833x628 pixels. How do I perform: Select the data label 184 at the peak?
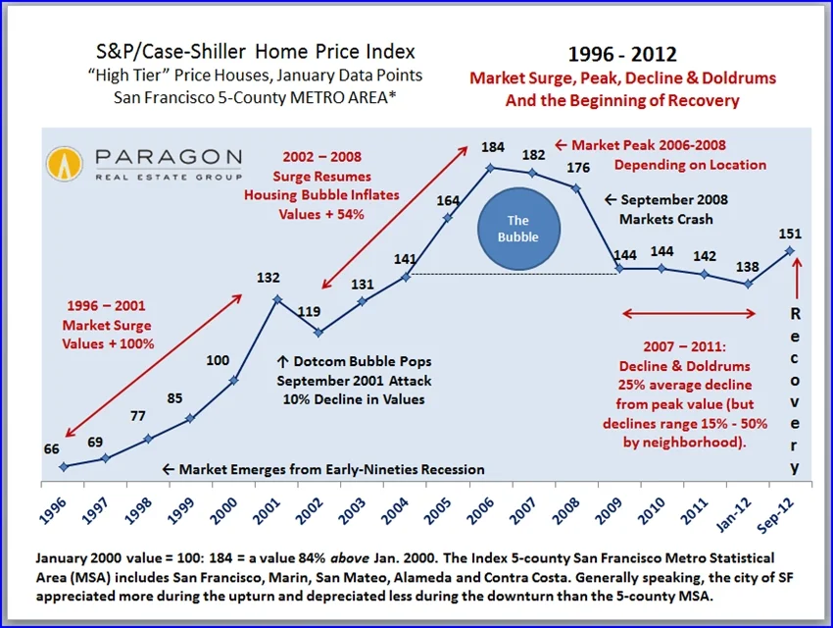[492, 147]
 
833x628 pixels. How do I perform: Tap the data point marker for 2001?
[277, 300]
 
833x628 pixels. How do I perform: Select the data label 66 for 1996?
[51, 448]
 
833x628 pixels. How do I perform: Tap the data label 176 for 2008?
[578, 167]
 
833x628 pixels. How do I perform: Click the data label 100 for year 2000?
[218, 360]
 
